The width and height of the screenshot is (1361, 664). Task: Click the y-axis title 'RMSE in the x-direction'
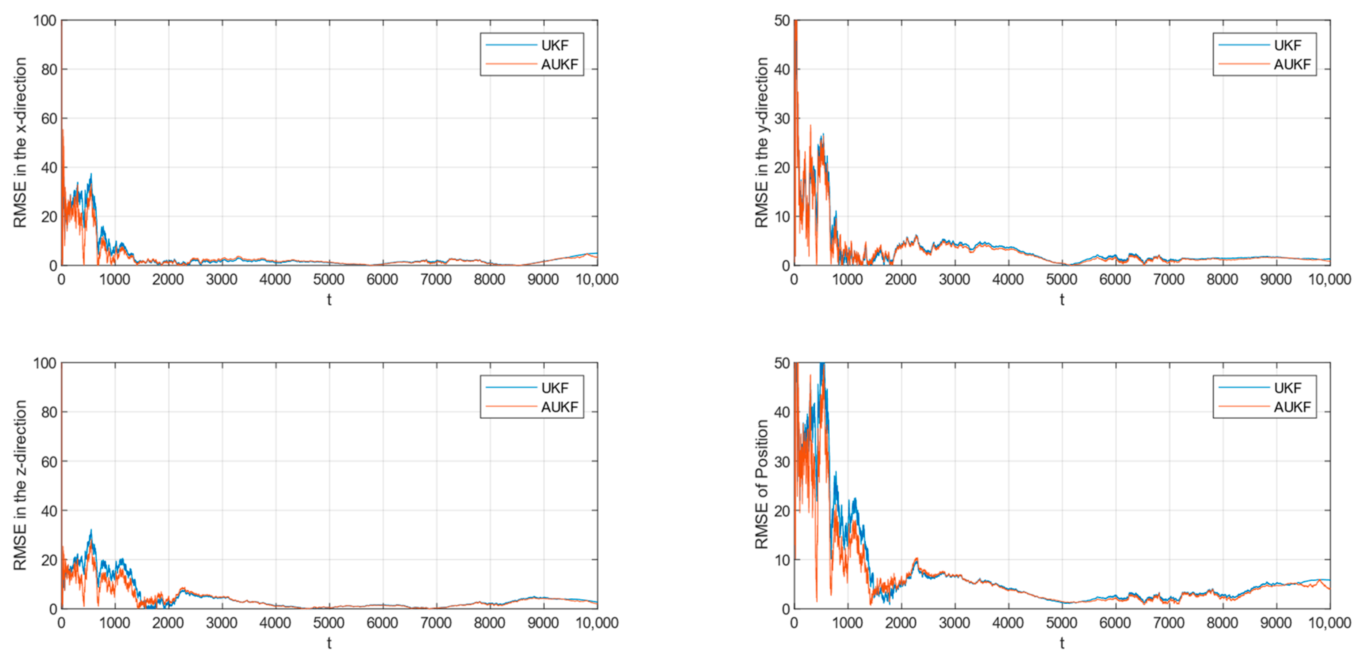pos(20,143)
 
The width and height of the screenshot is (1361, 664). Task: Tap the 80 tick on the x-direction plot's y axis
pos(49,70)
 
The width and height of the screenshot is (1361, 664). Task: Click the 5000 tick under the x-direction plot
pos(329,279)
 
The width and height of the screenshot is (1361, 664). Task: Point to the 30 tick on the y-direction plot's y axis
pos(782,119)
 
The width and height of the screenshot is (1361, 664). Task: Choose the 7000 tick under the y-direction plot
pos(1169,279)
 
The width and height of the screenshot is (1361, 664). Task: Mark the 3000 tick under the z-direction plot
pos(222,623)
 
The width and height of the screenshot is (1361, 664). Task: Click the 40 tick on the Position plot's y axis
pos(782,412)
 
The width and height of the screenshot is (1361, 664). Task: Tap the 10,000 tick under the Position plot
pos(1329,623)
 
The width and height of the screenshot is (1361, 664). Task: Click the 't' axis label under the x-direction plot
pos(329,300)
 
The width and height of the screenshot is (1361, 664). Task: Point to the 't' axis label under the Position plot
pos(1062,643)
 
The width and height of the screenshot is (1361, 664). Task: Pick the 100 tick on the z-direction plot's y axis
pos(45,363)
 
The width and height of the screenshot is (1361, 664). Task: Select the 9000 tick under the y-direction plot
pos(1276,279)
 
